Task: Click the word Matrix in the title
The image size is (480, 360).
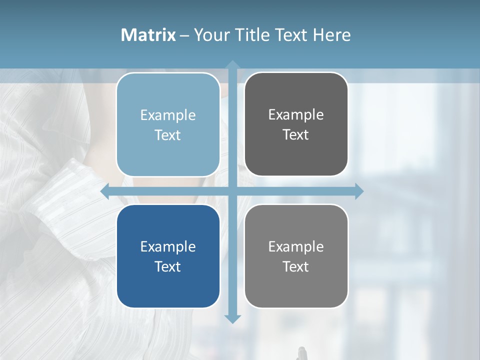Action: point(148,35)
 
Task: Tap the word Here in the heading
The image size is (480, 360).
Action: point(331,35)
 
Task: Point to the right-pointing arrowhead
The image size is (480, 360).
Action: point(359,191)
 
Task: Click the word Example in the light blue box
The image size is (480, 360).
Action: point(168,115)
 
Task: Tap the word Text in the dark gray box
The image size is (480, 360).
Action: point(296,135)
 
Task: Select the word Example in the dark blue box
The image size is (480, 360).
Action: point(168,247)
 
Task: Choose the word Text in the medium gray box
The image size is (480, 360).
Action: point(296,267)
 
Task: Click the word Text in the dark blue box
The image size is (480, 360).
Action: point(168,267)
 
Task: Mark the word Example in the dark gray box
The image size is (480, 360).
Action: point(296,115)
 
